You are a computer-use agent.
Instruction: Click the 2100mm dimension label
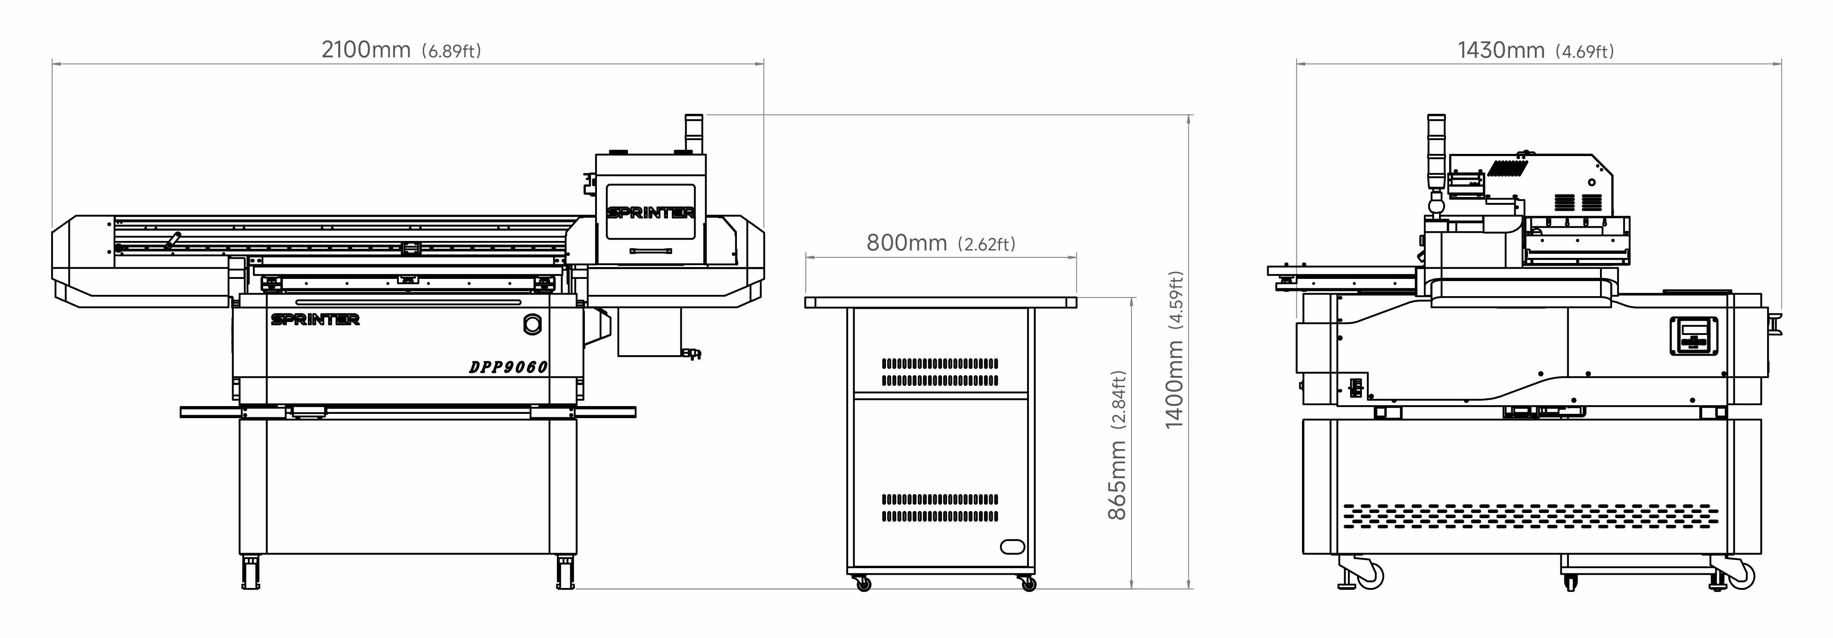[x=366, y=50]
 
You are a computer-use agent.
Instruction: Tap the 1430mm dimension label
[x=1501, y=50]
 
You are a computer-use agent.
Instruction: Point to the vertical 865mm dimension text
[x=1117, y=480]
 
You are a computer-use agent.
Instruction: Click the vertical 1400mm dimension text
[x=1174, y=385]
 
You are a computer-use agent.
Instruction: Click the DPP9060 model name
[x=508, y=367]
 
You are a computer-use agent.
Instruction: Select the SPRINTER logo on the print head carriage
[x=650, y=213]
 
